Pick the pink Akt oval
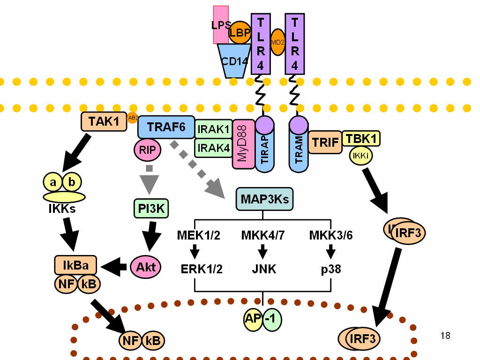(146, 267)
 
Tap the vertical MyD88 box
(243, 143)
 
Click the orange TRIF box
(324, 142)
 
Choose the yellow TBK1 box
(361, 138)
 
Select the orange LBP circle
(240, 33)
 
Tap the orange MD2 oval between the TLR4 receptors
(277, 42)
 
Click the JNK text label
(263, 270)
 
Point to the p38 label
(331, 270)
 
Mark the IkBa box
(76, 265)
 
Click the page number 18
(445, 336)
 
